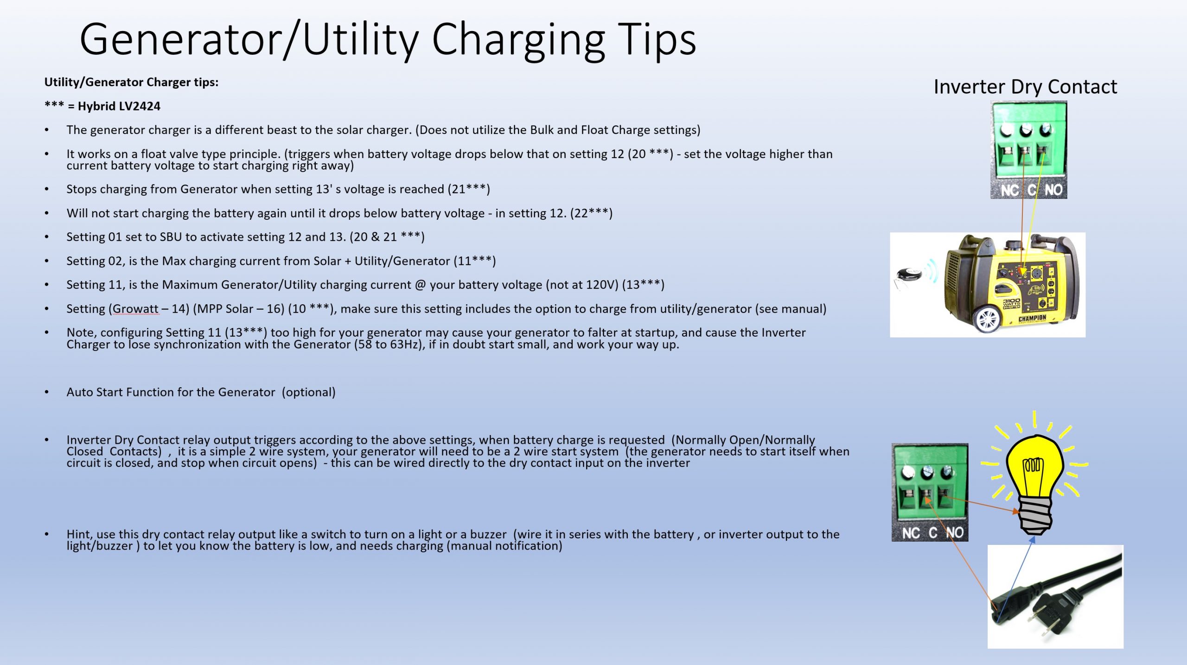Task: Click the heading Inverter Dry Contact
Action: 1025,87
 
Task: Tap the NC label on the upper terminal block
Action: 1009,190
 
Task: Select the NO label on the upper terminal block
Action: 1053,190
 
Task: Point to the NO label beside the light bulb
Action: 955,533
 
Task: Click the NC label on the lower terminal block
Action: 911,533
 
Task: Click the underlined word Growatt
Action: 135,309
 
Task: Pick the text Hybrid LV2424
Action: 119,106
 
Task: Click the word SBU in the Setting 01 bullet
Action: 171,237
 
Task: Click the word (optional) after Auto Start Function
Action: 308,392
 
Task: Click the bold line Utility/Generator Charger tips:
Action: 131,82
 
